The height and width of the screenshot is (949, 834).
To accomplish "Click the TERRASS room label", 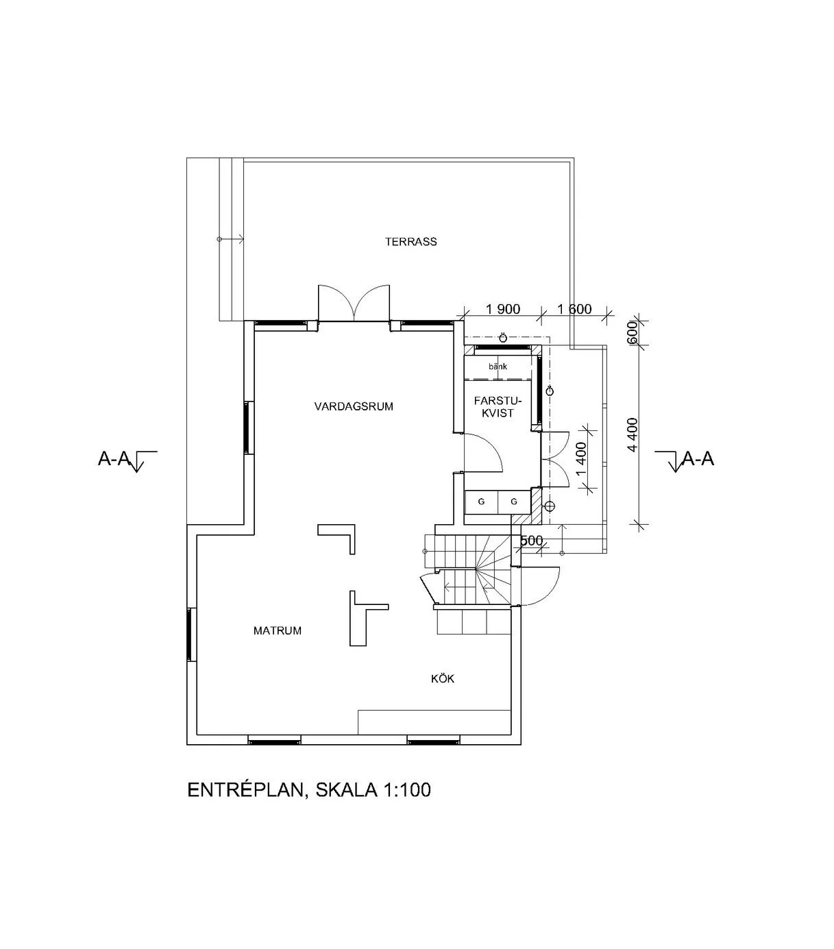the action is click(410, 241).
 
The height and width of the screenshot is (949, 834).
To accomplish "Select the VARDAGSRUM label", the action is click(354, 406).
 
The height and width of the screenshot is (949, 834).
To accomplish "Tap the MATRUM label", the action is click(277, 630).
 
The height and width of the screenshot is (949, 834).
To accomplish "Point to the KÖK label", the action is click(442, 679).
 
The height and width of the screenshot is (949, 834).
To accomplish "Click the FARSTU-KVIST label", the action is click(498, 407).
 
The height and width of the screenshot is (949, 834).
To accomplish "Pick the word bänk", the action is click(498, 367).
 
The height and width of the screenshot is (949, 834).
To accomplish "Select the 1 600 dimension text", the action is click(574, 309).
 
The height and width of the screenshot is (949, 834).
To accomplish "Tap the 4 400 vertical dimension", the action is click(633, 435).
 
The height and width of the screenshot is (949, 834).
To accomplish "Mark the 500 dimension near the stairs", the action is click(532, 541).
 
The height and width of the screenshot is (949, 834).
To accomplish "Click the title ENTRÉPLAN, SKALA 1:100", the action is click(309, 789).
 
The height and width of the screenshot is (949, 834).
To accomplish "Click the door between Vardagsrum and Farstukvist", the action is click(483, 452).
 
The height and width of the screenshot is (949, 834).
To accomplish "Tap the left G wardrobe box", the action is click(481, 502).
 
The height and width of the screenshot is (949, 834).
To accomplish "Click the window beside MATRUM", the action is click(192, 634).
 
